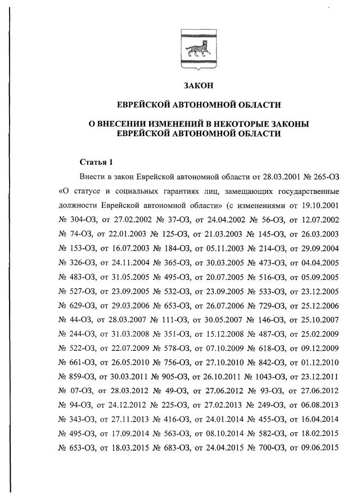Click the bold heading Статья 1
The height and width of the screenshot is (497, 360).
[96, 162]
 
